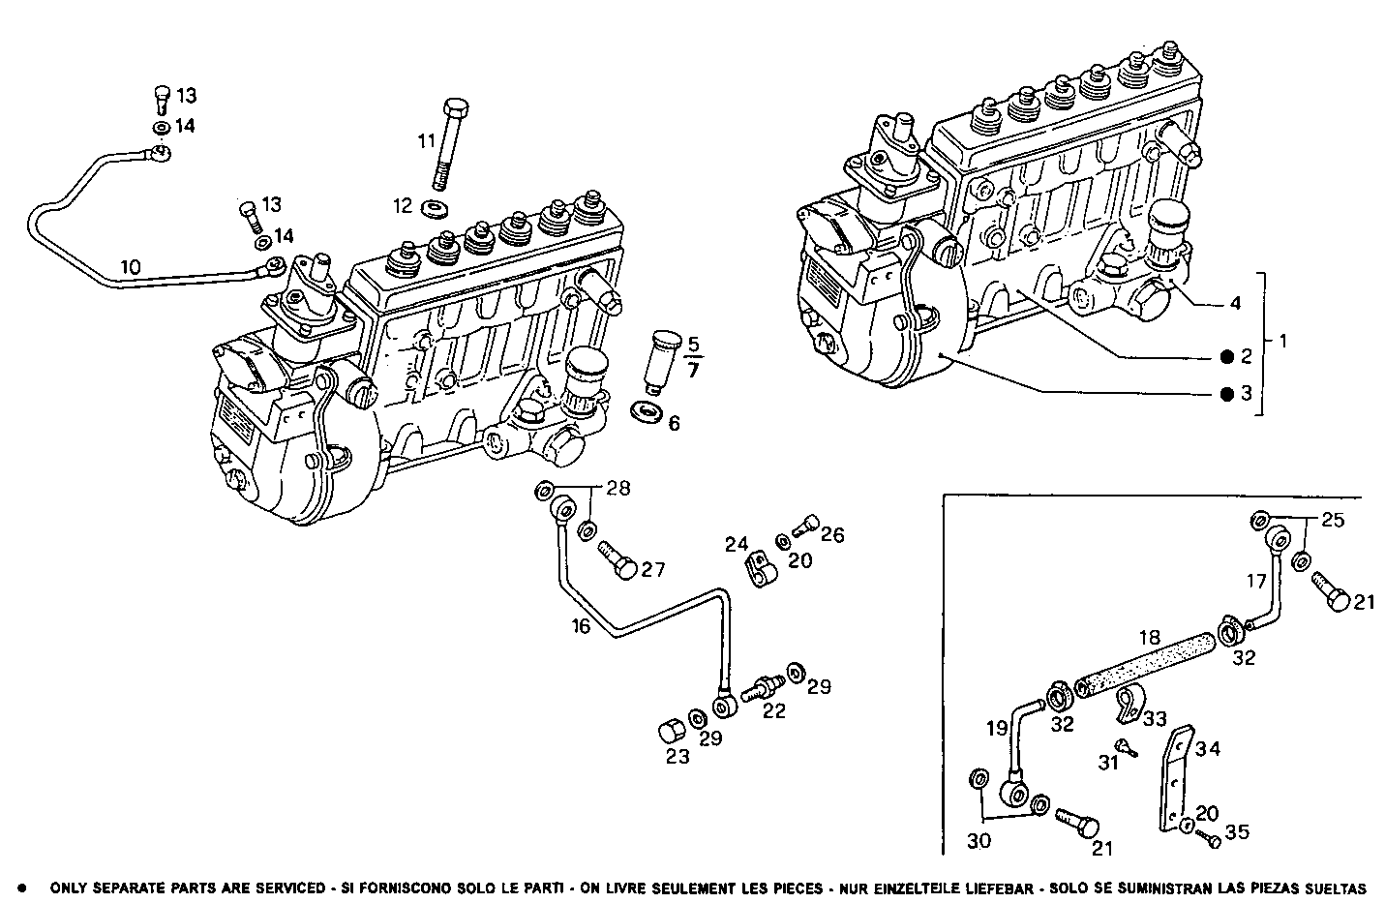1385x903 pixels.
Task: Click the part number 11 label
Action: (427, 141)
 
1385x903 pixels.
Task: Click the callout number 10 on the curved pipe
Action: (131, 266)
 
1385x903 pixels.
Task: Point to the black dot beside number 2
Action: (1226, 357)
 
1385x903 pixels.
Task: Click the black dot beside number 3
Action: (1226, 394)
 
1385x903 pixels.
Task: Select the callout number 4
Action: (1234, 303)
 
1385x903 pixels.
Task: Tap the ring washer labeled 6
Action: (645, 413)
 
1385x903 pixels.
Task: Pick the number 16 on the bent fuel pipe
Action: (580, 626)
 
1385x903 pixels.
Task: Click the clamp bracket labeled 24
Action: (760, 570)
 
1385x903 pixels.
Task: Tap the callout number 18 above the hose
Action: (1149, 638)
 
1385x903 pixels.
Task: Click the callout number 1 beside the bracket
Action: (1282, 341)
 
